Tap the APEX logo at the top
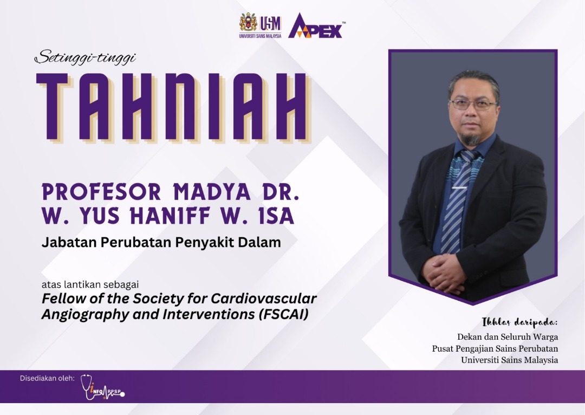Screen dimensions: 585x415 (x=316, y=26)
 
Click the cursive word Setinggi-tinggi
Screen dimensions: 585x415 (x=85, y=58)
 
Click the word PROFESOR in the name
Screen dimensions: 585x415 (x=101, y=192)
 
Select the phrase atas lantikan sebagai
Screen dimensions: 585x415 (x=90, y=284)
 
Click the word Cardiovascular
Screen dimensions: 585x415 (x=264, y=299)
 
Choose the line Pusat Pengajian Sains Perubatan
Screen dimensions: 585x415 (x=495, y=348)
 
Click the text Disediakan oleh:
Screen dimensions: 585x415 (x=47, y=378)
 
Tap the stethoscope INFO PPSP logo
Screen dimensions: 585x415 (x=102, y=387)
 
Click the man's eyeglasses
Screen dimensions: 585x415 (x=473, y=105)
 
